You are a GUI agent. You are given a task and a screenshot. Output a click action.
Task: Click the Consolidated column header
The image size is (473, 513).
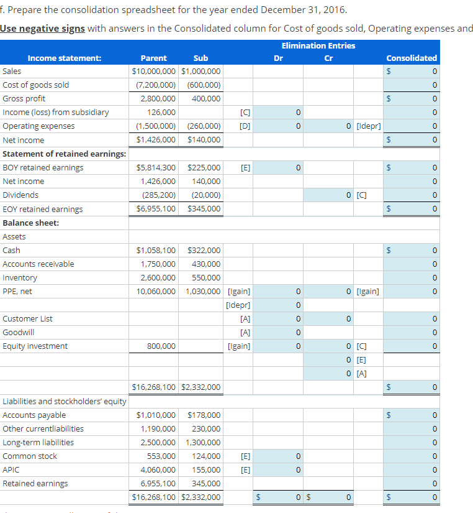[411, 58]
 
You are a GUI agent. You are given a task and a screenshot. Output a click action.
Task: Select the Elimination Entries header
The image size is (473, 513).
[318, 45]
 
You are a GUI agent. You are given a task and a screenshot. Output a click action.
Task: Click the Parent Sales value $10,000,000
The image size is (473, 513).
[154, 72]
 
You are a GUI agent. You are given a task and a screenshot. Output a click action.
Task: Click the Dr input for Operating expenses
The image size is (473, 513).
[279, 126]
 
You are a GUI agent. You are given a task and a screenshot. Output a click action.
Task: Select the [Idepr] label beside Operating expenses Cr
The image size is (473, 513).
[369, 126]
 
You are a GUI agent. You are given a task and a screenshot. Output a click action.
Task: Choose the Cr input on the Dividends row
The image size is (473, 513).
[328, 195]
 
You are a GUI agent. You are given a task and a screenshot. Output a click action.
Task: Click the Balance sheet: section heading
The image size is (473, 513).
[31, 223]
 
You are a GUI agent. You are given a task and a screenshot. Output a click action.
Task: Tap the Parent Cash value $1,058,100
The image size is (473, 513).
[156, 251]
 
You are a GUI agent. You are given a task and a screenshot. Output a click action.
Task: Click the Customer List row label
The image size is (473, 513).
[28, 319]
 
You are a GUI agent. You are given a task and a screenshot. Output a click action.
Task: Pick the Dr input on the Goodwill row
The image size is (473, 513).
[279, 333]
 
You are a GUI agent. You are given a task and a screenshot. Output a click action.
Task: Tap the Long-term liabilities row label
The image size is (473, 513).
[38, 443]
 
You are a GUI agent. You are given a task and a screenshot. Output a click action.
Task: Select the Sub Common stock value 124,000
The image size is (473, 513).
[206, 456]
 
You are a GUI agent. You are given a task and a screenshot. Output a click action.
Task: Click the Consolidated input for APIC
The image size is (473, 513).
[411, 470]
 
